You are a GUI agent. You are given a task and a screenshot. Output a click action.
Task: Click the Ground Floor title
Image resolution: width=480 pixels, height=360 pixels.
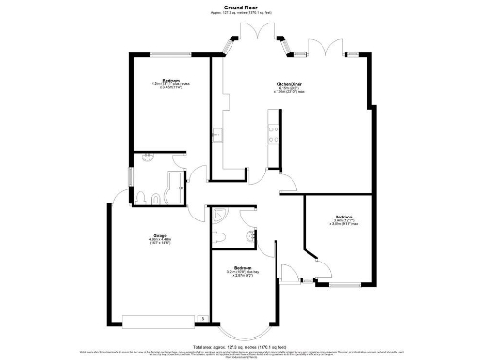click(x=240, y=7)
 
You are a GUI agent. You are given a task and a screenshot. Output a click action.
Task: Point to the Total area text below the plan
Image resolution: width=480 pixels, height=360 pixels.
click(x=239, y=347)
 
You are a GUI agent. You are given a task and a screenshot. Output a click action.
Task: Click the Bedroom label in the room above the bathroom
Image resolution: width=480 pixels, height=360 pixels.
click(x=171, y=81)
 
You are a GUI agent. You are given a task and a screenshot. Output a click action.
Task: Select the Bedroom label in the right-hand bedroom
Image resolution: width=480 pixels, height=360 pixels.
click(x=343, y=217)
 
